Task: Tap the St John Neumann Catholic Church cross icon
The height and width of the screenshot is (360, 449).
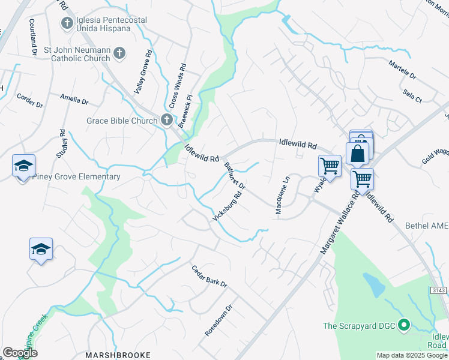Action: [119, 53]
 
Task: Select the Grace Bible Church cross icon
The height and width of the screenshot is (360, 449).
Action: [167, 120]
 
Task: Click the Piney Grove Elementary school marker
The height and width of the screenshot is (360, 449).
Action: [23, 166]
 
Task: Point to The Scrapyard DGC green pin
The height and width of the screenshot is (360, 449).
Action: [404, 326]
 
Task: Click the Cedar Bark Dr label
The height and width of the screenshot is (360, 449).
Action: [209, 275]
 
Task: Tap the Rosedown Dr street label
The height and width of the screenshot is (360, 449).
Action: [217, 322]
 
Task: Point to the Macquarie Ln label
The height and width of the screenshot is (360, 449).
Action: [282, 194]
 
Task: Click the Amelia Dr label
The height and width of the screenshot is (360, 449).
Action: [74, 98]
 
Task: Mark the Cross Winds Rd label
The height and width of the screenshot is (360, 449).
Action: [178, 88]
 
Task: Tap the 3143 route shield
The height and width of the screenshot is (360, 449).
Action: [438, 290]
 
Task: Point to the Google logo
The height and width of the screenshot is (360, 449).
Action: [20, 353]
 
